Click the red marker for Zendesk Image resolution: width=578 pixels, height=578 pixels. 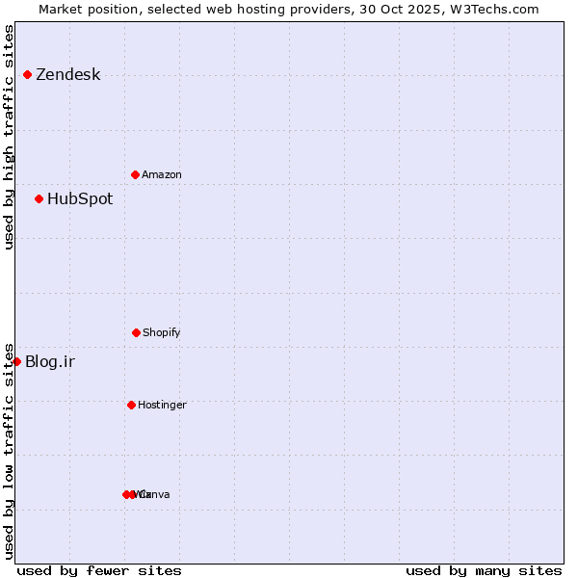[x=27, y=75]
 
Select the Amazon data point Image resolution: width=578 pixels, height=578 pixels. [x=135, y=174]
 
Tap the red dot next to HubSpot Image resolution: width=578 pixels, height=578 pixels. [x=39, y=199]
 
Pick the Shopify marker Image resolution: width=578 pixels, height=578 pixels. [x=136, y=332]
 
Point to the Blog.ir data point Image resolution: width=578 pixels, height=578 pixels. [x=16, y=361]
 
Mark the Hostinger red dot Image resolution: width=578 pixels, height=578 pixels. [x=131, y=405]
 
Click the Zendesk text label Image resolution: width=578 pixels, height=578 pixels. [x=67, y=75]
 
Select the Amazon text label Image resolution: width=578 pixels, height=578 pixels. [x=162, y=174]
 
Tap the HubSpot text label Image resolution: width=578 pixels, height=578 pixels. [x=80, y=199]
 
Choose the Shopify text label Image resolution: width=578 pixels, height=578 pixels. [x=162, y=332]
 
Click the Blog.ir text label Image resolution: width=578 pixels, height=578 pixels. [x=50, y=362]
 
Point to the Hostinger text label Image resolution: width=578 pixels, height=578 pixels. [x=162, y=405]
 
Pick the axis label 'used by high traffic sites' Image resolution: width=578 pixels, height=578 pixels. [x=9, y=137]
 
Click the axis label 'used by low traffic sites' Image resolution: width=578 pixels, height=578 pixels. [x=9, y=451]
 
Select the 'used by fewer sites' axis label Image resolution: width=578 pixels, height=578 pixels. [x=99, y=570]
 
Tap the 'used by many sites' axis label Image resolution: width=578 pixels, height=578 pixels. [x=484, y=570]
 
